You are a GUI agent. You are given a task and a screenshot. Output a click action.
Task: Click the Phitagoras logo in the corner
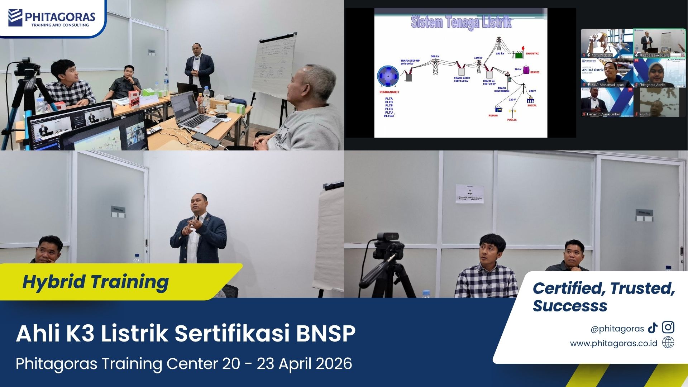tap(52, 18)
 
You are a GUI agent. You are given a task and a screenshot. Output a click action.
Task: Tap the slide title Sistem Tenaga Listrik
tap(461, 22)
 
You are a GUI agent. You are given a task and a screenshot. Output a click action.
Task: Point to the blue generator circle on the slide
tap(388, 76)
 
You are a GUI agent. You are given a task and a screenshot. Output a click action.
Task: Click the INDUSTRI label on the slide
tap(532, 54)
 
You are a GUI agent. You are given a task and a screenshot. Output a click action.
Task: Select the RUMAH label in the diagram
tap(493, 115)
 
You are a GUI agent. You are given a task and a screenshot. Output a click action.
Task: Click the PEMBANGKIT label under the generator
tap(389, 92)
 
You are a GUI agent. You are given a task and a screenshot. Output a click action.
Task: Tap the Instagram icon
tap(668, 328)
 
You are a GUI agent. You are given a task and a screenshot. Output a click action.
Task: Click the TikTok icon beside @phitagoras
tap(653, 328)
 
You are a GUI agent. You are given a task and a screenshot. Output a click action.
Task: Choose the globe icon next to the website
tap(668, 343)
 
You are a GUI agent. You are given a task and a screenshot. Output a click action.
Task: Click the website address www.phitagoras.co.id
tap(613, 343)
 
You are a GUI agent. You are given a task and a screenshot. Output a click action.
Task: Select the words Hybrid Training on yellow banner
tap(95, 282)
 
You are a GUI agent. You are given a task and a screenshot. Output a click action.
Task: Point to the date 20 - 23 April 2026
tap(287, 364)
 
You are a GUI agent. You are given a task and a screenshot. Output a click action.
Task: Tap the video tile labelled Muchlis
tap(660, 102)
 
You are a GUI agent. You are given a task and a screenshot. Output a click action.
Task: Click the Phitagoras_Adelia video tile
tap(660, 73)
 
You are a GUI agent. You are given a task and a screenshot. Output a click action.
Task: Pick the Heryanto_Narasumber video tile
tap(607, 102)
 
